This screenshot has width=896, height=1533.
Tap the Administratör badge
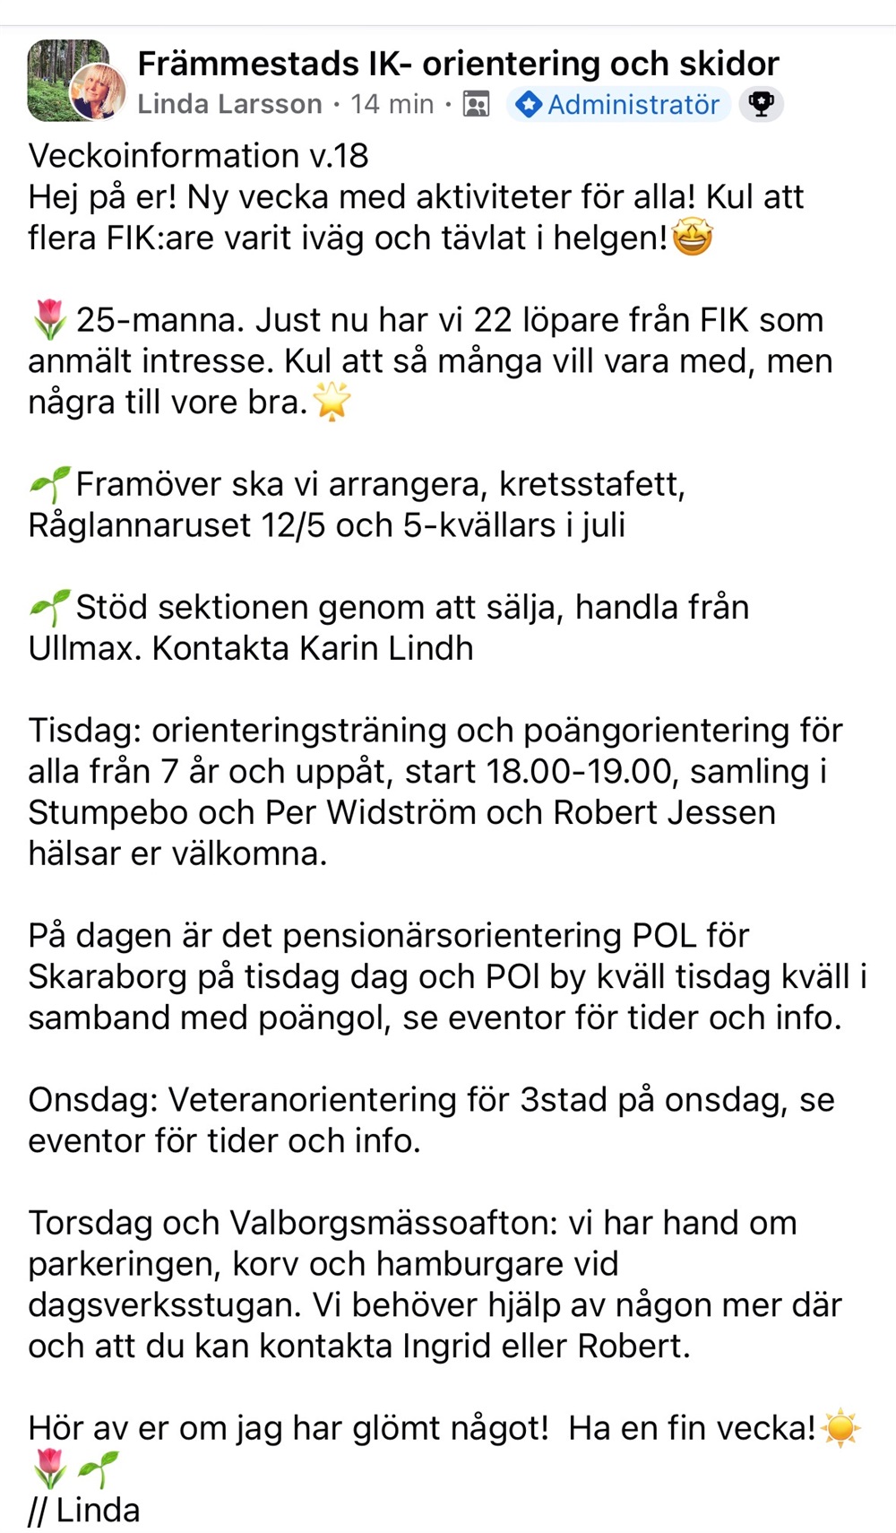619,105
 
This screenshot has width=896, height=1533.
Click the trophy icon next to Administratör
762,105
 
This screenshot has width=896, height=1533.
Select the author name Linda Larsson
229,105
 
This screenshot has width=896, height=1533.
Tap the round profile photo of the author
98,91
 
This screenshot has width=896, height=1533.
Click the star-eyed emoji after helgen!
692,238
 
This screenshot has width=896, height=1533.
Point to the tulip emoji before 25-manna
48,320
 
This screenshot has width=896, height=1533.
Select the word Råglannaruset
139,525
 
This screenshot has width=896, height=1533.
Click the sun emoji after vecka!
840,1428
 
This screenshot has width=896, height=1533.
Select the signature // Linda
84,1511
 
